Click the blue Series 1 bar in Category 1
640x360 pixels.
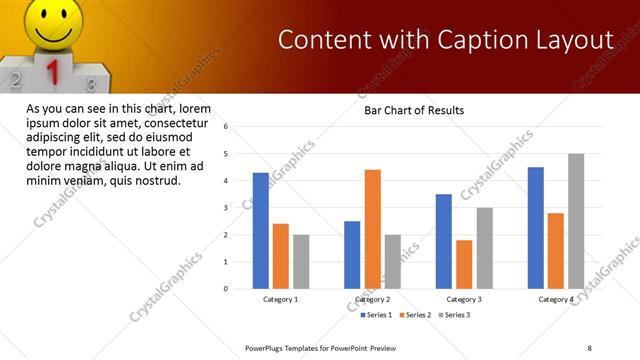pos(261,231)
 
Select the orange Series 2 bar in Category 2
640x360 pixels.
pos(372,229)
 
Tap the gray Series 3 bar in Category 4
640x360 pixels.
pos(576,221)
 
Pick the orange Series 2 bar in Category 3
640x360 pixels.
pos(464,264)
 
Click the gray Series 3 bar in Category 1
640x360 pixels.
pos(301,262)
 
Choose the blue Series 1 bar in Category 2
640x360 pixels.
pos(352,255)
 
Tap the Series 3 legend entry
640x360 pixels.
pos(453,315)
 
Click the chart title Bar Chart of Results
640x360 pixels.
pos(413,109)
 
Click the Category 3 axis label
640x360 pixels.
pos(463,299)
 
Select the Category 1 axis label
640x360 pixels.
pos(280,299)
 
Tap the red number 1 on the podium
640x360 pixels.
pos(55,73)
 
